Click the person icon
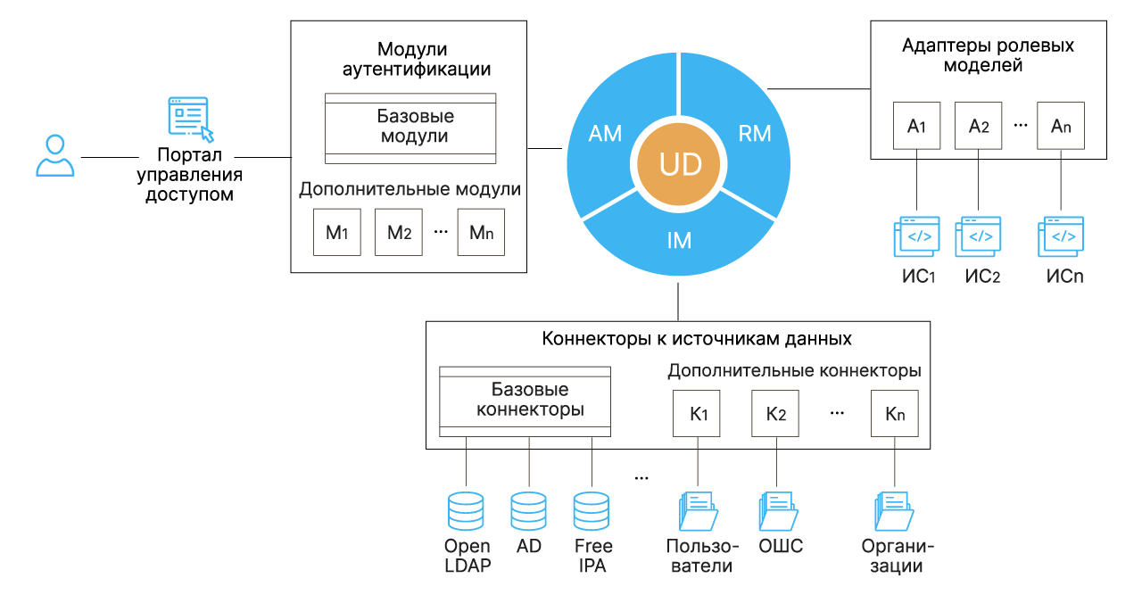(x=55, y=156)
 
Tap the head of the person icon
(x=55, y=144)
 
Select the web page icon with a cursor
(x=189, y=117)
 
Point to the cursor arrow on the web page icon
(x=207, y=135)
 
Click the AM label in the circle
(x=605, y=134)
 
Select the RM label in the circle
(x=755, y=134)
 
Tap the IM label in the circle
(x=679, y=241)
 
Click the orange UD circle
(x=679, y=164)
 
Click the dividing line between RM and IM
(x=749, y=203)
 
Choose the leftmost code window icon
(x=917, y=236)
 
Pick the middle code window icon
(x=979, y=236)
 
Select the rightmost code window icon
(x=1061, y=236)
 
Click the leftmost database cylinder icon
(x=466, y=511)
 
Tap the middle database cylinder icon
(x=528, y=511)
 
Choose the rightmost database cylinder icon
(x=592, y=511)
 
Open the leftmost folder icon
(x=699, y=512)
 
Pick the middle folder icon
(x=778, y=512)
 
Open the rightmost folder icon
(x=894, y=512)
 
